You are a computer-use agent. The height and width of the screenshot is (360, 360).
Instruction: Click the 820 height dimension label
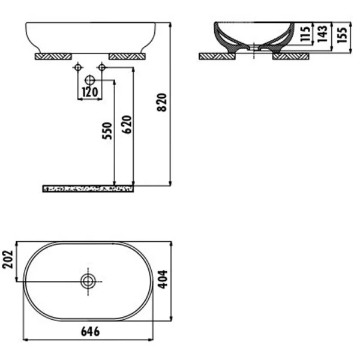[x=161, y=104]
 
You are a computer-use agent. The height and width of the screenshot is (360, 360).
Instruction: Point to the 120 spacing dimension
[x=89, y=92]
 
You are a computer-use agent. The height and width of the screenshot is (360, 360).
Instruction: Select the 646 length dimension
[x=90, y=331]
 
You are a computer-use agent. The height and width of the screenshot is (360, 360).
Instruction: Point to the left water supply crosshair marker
[x=77, y=68]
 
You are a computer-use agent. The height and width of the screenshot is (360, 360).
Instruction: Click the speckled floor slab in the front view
[x=88, y=188]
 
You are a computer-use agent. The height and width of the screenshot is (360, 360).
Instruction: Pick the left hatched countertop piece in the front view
[x=54, y=56]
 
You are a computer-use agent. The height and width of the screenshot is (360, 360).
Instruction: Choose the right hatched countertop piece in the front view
[x=127, y=56]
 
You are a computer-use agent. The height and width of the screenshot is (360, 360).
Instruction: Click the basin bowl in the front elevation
[x=90, y=36]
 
